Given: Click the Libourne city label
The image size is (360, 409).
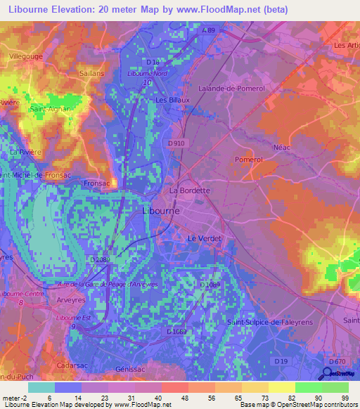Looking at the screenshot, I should [161, 211].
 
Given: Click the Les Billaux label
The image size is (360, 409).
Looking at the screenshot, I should [169, 100].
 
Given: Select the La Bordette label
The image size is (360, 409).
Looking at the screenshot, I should [189, 190].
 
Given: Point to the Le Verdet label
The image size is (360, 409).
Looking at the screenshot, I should [204, 239].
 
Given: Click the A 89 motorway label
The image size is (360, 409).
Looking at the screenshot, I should [207, 31].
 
